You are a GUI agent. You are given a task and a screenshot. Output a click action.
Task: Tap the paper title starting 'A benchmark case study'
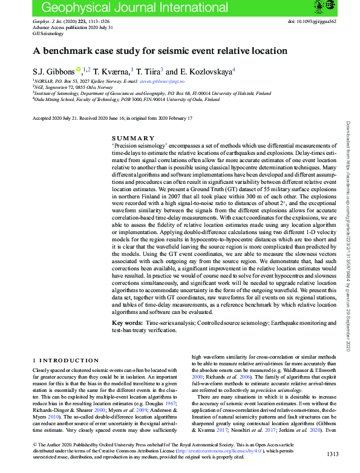click(160, 51)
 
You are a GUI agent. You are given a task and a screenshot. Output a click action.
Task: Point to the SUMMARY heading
click(130, 138)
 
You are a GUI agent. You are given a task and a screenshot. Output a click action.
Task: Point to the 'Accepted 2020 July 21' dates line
click(112, 118)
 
